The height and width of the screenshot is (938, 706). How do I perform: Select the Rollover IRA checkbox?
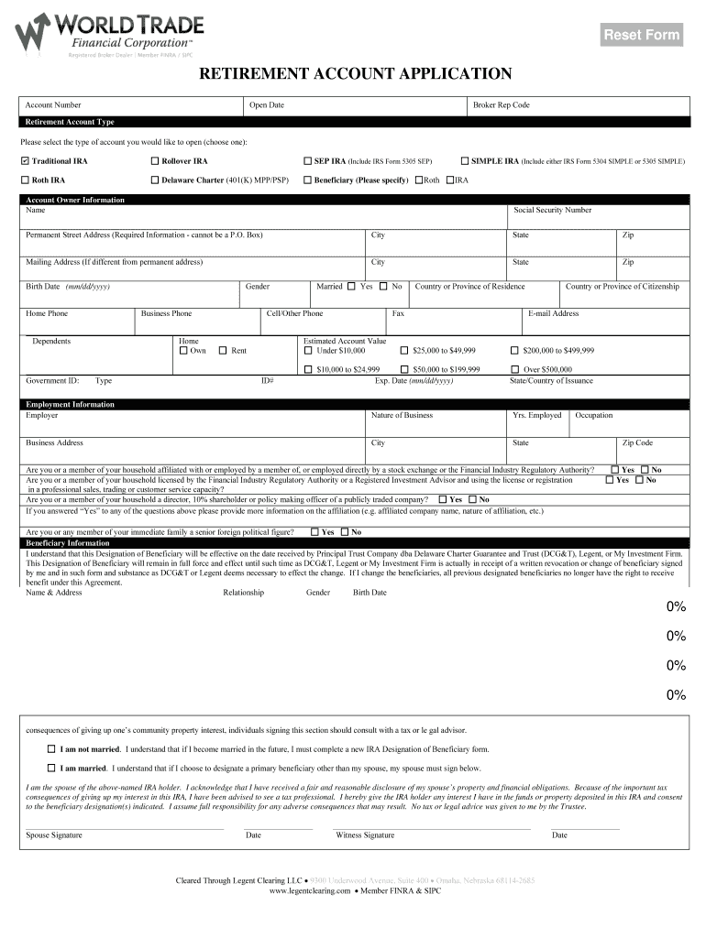(x=155, y=161)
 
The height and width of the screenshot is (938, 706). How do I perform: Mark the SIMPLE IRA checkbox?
(x=465, y=161)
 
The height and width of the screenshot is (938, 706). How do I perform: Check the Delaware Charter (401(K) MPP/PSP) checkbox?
(x=155, y=180)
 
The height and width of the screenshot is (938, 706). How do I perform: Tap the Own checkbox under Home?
(x=183, y=351)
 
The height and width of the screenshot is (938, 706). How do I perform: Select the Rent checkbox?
(x=223, y=351)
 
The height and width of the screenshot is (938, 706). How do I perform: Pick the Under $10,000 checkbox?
(x=308, y=351)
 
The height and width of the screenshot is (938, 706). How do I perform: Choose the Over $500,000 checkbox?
(x=514, y=369)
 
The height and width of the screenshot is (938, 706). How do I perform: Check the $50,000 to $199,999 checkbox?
(x=404, y=369)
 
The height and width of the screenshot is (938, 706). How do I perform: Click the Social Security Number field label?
(x=552, y=211)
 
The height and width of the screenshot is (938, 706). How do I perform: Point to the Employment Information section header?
(x=70, y=404)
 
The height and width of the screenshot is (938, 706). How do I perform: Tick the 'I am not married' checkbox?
(x=51, y=748)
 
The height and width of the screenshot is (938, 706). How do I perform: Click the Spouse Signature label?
(x=54, y=835)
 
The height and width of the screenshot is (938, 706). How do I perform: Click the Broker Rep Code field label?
(x=501, y=105)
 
